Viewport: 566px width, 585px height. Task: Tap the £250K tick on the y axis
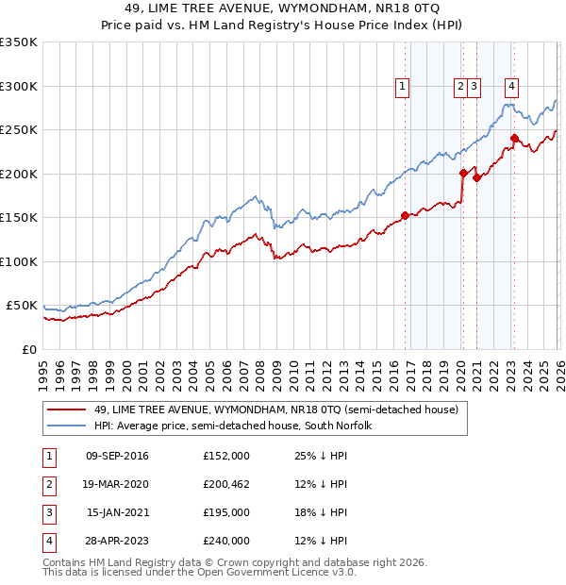[19, 130]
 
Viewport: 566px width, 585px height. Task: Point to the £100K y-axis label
[19, 261]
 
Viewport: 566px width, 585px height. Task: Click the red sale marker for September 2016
[405, 215]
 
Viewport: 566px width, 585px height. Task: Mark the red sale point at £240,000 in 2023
[515, 139]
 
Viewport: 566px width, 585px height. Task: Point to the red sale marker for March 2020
[463, 173]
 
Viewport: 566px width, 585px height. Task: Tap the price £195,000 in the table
[226, 512]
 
